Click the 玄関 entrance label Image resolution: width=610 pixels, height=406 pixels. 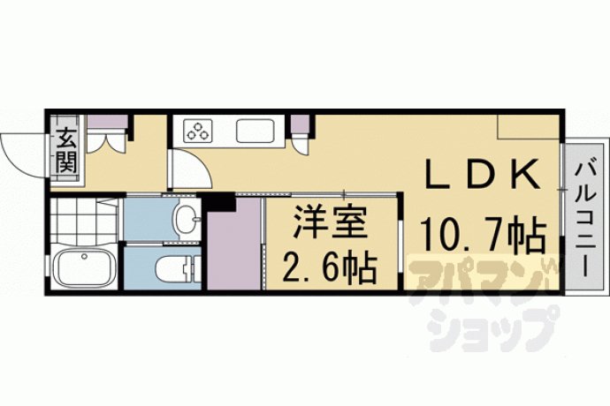tap(66, 150)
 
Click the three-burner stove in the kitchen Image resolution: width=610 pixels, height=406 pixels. tap(198, 130)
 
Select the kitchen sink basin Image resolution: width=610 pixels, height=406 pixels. tap(255, 131)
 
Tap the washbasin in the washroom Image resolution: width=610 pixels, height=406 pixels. tap(187, 220)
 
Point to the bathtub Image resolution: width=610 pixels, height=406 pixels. tap(84, 267)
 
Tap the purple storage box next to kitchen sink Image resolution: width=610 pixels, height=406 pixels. tap(300, 124)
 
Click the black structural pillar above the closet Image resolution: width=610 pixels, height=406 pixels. tap(221, 201)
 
